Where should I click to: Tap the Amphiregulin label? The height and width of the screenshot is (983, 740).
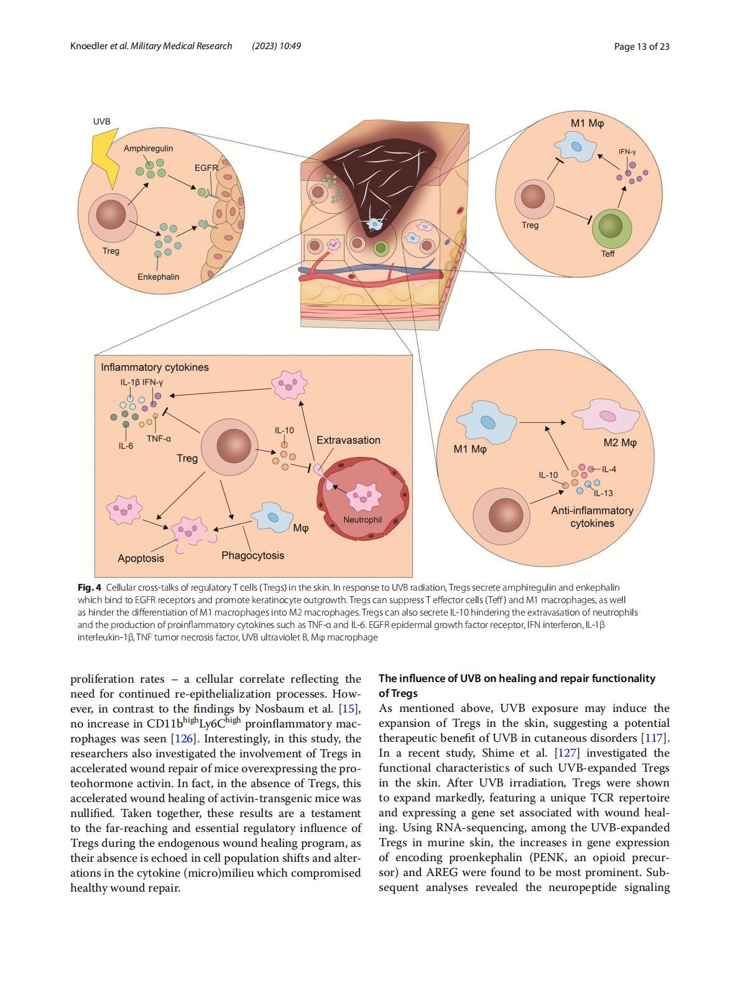coord(148,148)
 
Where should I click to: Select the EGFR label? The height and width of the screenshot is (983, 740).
coord(206,168)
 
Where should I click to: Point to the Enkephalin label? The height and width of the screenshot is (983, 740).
coord(158,277)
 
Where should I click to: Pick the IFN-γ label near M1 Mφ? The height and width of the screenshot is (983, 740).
coord(627,152)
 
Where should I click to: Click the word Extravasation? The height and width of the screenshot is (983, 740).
coord(348,440)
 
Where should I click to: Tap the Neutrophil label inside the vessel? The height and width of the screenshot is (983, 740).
coord(363,520)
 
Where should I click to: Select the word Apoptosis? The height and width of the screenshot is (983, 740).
coord(141,558)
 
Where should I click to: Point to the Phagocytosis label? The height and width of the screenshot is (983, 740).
coord(252,556)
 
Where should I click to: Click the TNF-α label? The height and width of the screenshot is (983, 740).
coord(159,439)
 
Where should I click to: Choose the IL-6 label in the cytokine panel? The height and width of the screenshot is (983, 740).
coord(126,446)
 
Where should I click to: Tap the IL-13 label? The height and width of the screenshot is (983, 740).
coord(603,493)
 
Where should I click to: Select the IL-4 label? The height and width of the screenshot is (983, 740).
coord(609,469)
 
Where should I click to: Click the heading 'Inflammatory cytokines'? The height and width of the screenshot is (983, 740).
coord(155,367)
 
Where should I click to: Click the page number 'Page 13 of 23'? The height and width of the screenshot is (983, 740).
coord(642,46)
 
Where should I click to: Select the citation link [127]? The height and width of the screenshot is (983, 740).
coord(567,753)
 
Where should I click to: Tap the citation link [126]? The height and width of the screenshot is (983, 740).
coord(183,739)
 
